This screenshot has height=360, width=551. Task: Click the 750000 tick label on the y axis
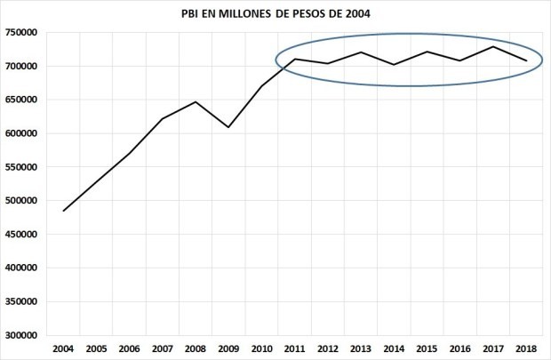pos(21,33)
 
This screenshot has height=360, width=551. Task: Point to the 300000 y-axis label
pos(21,336)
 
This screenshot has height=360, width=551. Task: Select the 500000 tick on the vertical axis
pos(21,201)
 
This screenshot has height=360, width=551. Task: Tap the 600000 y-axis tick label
pos(21,134)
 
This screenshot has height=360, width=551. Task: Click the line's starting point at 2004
pos(64,211)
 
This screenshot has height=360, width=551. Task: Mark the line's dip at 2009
pos(228,127)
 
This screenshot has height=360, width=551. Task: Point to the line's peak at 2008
pos(196,102)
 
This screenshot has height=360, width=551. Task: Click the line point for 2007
pos(163,119)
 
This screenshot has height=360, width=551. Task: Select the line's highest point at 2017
pos(493,46)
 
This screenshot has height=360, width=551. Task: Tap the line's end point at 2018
pos(526,60)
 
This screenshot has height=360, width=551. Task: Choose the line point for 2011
pos(295,59)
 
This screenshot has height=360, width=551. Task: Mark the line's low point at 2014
pos(394,64)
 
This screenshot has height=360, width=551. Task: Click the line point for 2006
pos(130,153)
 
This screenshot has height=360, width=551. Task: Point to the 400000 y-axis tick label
pos(21,268)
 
